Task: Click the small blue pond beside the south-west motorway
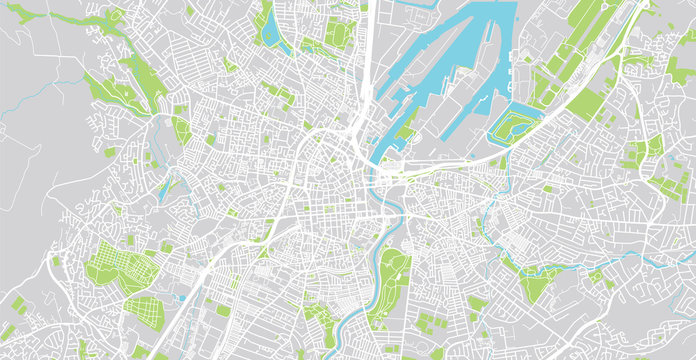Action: tap(183, 297)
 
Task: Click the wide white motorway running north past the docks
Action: tap(368, 60)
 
